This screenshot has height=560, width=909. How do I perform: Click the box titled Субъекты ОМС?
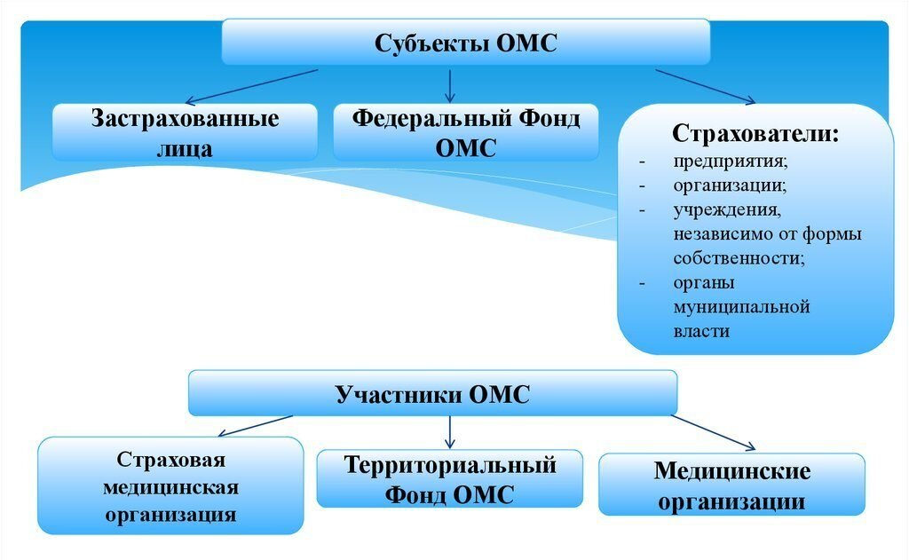465,42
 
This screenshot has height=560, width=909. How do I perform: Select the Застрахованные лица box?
185,132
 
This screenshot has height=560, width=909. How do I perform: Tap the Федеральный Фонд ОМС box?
465,132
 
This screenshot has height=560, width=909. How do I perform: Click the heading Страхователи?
755,134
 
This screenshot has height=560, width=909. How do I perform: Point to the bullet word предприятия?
731,163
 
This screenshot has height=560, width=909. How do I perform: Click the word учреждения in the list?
727,210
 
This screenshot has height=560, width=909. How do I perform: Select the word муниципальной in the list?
741,307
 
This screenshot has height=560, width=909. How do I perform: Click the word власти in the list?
701,331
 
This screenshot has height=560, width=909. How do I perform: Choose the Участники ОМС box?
432,393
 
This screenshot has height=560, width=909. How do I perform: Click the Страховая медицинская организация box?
170,485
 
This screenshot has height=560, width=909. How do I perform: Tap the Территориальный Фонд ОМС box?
450,479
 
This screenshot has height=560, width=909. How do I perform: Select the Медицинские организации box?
731,485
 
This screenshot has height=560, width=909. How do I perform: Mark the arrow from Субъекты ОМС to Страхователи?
706,85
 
